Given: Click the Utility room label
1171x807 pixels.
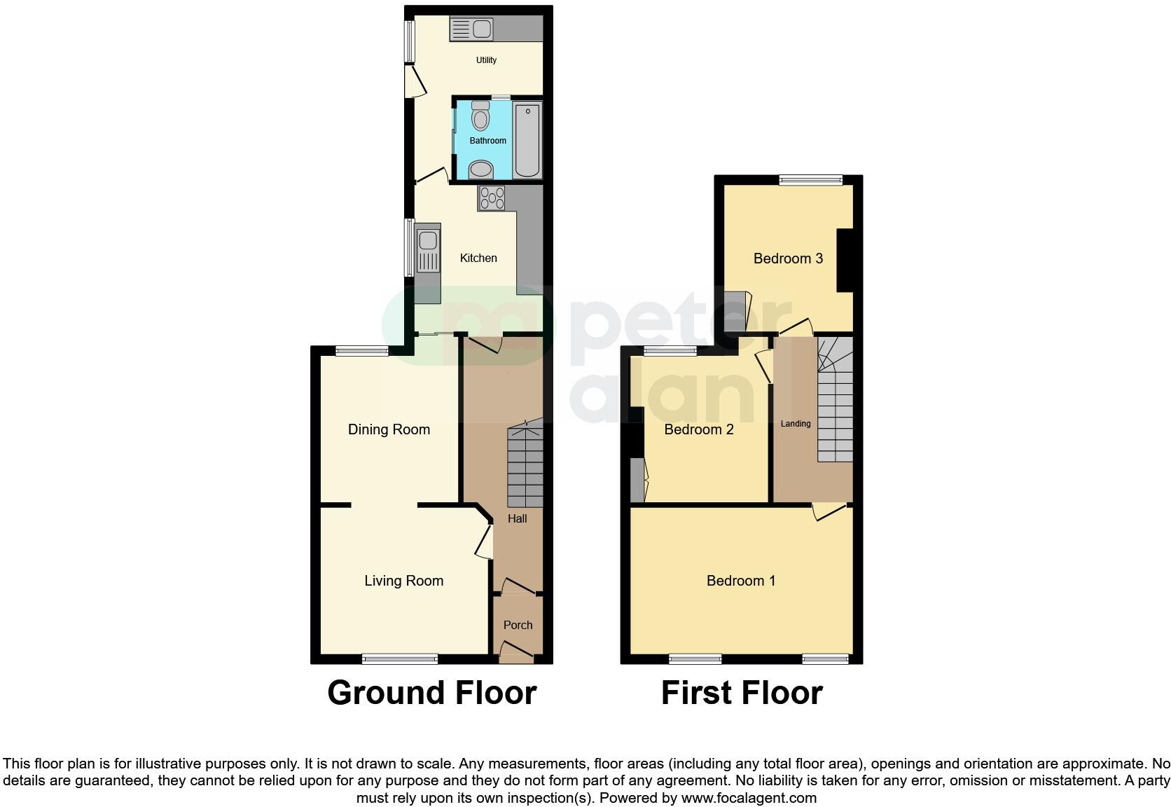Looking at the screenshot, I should click(x=486, y=60).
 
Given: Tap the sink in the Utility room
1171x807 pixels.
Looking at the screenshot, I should click(x=471, y=29).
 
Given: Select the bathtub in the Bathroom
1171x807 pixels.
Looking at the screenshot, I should click(x=527, y=140).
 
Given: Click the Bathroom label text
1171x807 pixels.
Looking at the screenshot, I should click(x=487, y=141).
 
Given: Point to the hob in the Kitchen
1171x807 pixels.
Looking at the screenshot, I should click(x=491, y=198).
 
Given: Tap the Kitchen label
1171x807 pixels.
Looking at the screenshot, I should click(x=478, y=258).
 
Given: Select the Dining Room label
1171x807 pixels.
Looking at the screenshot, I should click(x=389, y=429).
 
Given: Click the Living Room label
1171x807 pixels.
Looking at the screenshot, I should click(x=403, y=581).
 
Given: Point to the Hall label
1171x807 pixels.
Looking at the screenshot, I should click(x=518, y=518).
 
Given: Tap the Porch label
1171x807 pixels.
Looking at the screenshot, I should click(x=518, y=625).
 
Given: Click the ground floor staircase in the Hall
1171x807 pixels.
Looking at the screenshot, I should click(x=525, y=465).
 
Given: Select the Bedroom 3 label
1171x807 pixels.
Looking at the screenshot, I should click(x=788, y=258).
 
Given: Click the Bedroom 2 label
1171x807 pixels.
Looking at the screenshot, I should click(x=699, y=429).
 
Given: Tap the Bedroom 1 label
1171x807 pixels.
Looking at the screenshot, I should click(x=741, y=581).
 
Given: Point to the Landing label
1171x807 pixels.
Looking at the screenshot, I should click(x=796, y=424).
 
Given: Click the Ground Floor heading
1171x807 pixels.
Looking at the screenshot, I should click(x=431, y=693).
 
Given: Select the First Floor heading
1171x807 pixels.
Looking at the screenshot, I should click(x=742, y=693).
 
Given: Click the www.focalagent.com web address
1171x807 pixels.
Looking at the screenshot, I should click(x=749, y=797).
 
